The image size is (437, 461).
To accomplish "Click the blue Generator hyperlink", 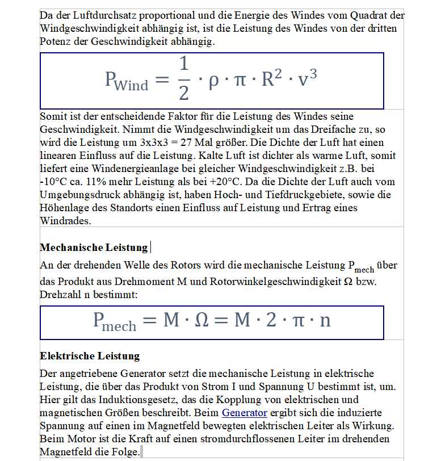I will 244,413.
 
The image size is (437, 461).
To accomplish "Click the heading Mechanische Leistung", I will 94,248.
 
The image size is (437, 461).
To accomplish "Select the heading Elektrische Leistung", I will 90,356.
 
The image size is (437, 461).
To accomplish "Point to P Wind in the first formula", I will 127,81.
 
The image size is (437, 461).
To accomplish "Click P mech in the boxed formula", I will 115,321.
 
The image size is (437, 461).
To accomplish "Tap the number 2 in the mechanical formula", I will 271,320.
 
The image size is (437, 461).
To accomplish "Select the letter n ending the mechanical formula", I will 325,320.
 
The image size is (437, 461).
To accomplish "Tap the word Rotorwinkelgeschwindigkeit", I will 272,281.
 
